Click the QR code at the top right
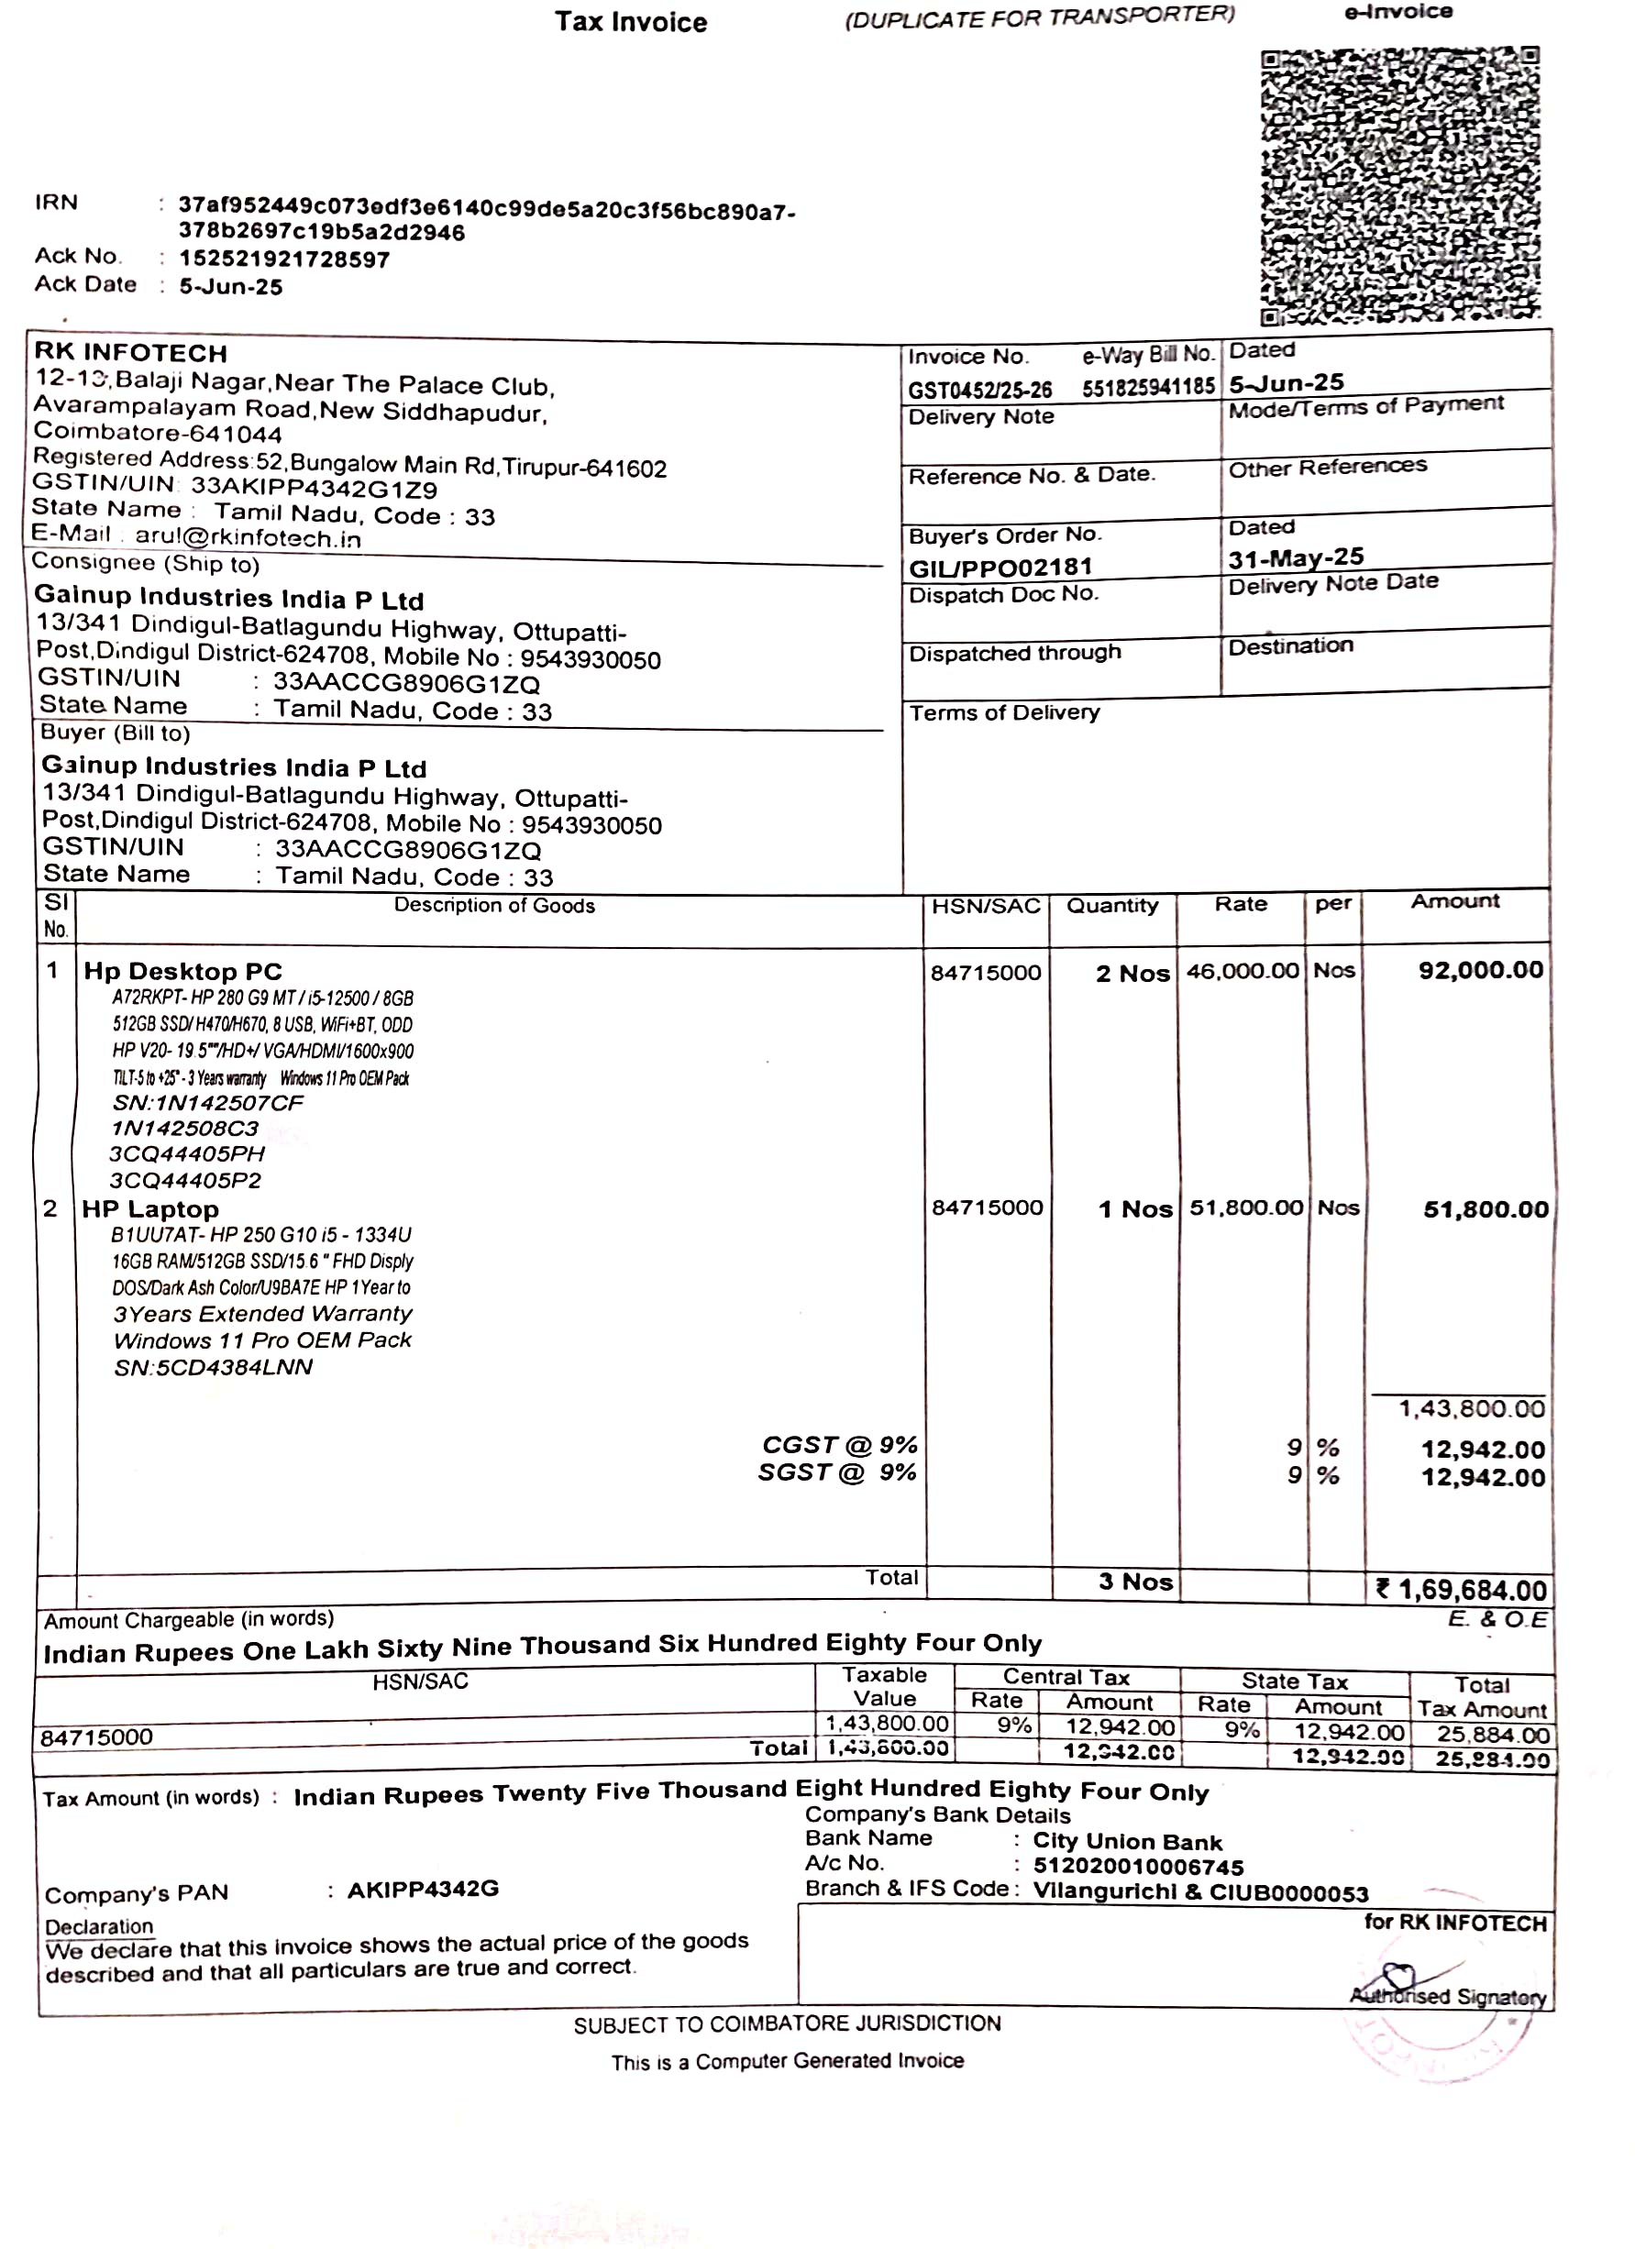tap(1400, 186)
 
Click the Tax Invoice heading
tap(631, 23)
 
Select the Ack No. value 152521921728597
tap(284, 259)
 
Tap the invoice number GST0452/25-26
tap(979, 390)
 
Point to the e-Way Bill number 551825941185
tap(1148, 387)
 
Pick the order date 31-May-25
tap(1296, 558)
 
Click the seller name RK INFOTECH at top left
tap(131, 353)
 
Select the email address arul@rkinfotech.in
tap(248, 538)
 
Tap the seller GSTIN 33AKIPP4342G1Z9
tap(315, 489)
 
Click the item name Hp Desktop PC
tap(183, 972)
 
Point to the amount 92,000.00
tap(1480, 970)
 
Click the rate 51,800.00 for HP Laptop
tap(1246, 1207)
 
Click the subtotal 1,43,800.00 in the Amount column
tap(1472, 1409)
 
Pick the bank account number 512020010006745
tap(1138, 1868)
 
